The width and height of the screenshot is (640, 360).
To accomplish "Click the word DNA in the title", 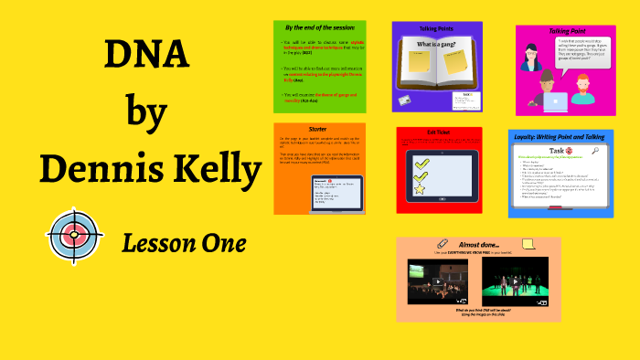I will (x=147, y=58).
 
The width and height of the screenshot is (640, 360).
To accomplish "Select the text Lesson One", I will (x=183, y=243).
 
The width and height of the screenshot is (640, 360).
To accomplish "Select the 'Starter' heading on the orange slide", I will (x=319, y=129).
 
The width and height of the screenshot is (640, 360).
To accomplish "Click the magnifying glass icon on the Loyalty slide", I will (x=594, y=152).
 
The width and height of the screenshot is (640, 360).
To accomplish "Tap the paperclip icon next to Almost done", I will (x=443, y=244).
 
